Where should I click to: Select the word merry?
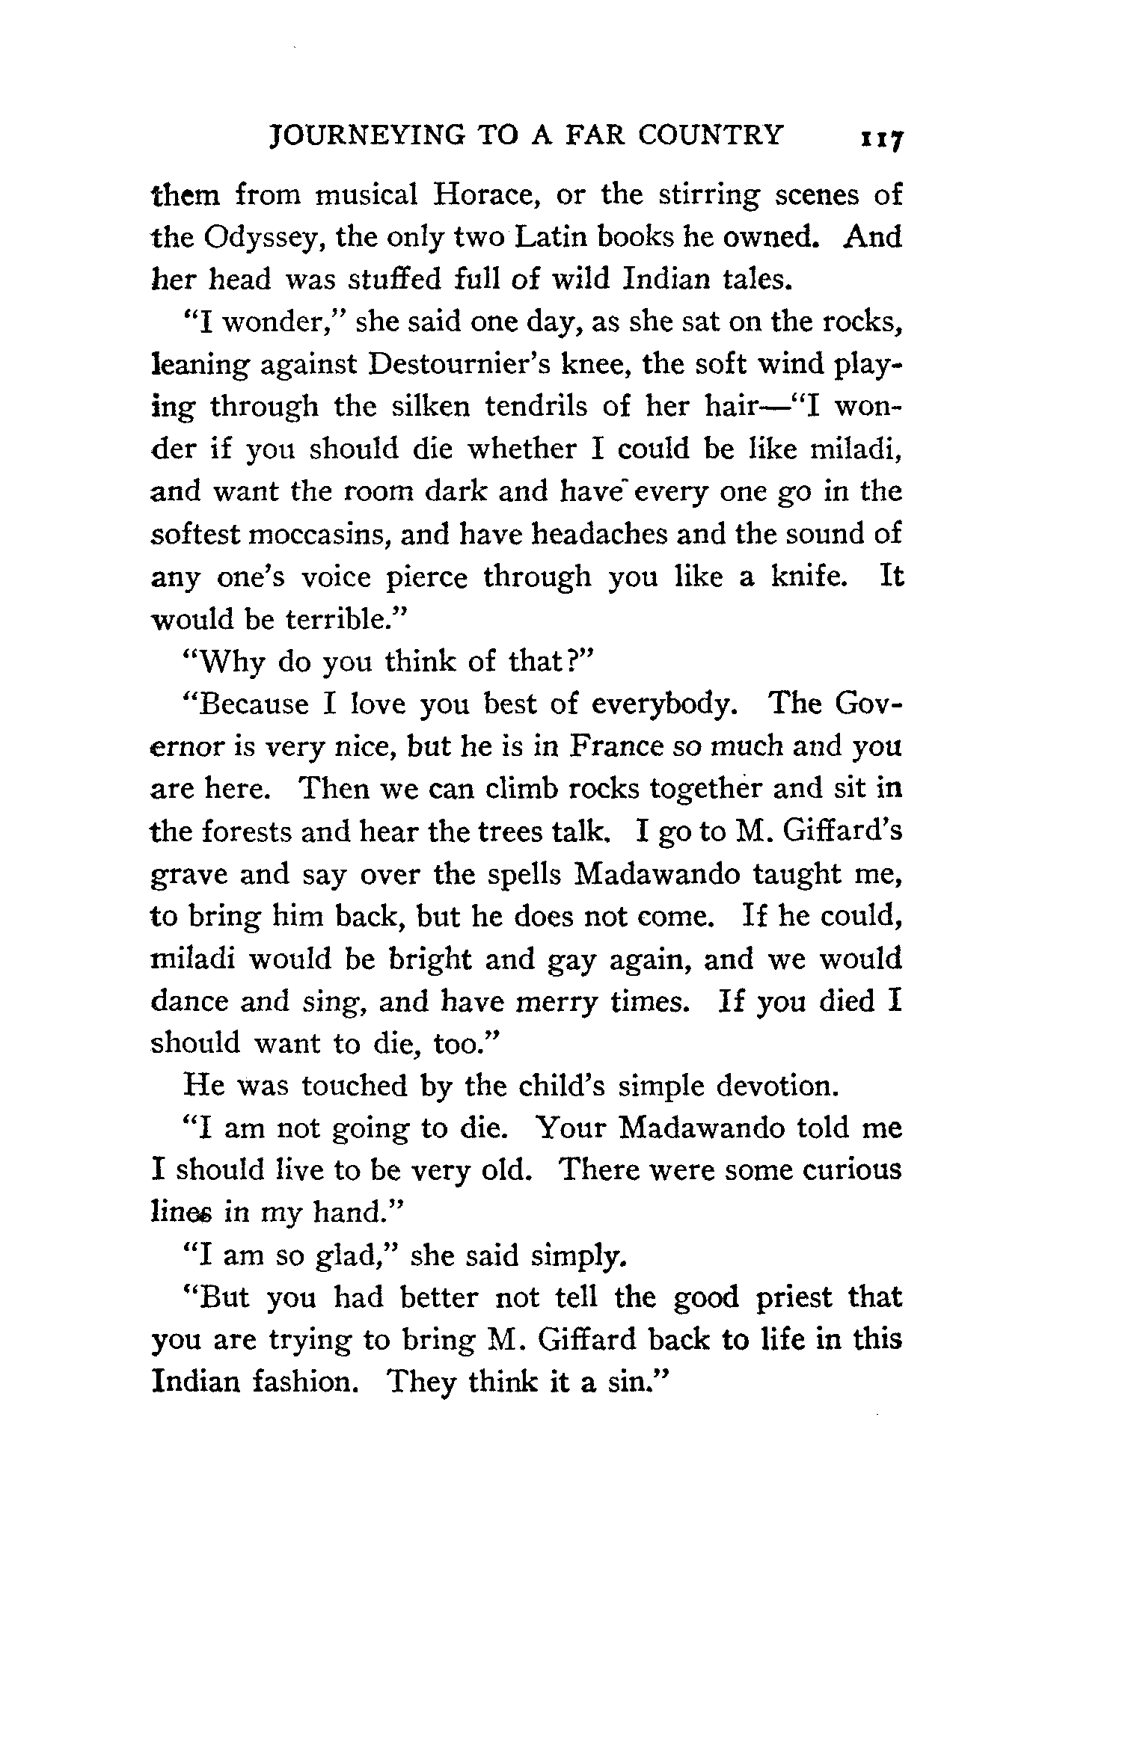557,1001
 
